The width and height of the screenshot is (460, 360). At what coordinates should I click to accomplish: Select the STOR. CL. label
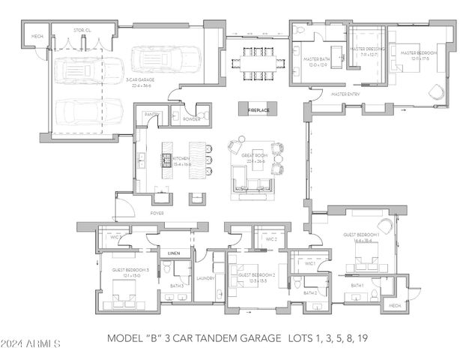[x=82, y=30]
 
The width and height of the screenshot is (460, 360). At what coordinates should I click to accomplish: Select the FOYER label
[x=157, y=213]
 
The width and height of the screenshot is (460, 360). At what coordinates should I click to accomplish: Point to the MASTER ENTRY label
[x=345, y=94]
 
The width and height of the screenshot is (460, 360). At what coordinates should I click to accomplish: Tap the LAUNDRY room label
[x=205, y=278]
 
